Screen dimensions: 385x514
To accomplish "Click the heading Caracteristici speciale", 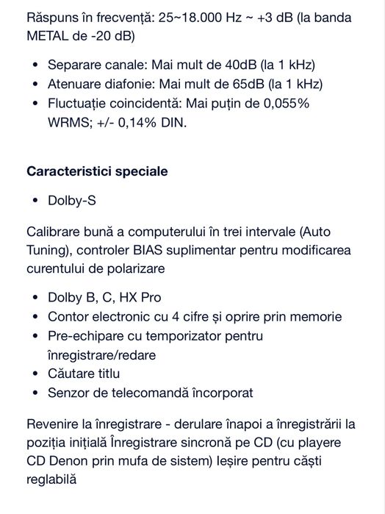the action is [97, 171].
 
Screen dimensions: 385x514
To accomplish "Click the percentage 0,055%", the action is [285, 104].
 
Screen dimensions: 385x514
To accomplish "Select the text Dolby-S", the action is [71, 200].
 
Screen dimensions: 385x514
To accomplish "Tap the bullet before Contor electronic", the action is [35, 318].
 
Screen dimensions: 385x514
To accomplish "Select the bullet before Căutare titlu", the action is [35, 374].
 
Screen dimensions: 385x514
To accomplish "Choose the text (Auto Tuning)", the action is [318, 231].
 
